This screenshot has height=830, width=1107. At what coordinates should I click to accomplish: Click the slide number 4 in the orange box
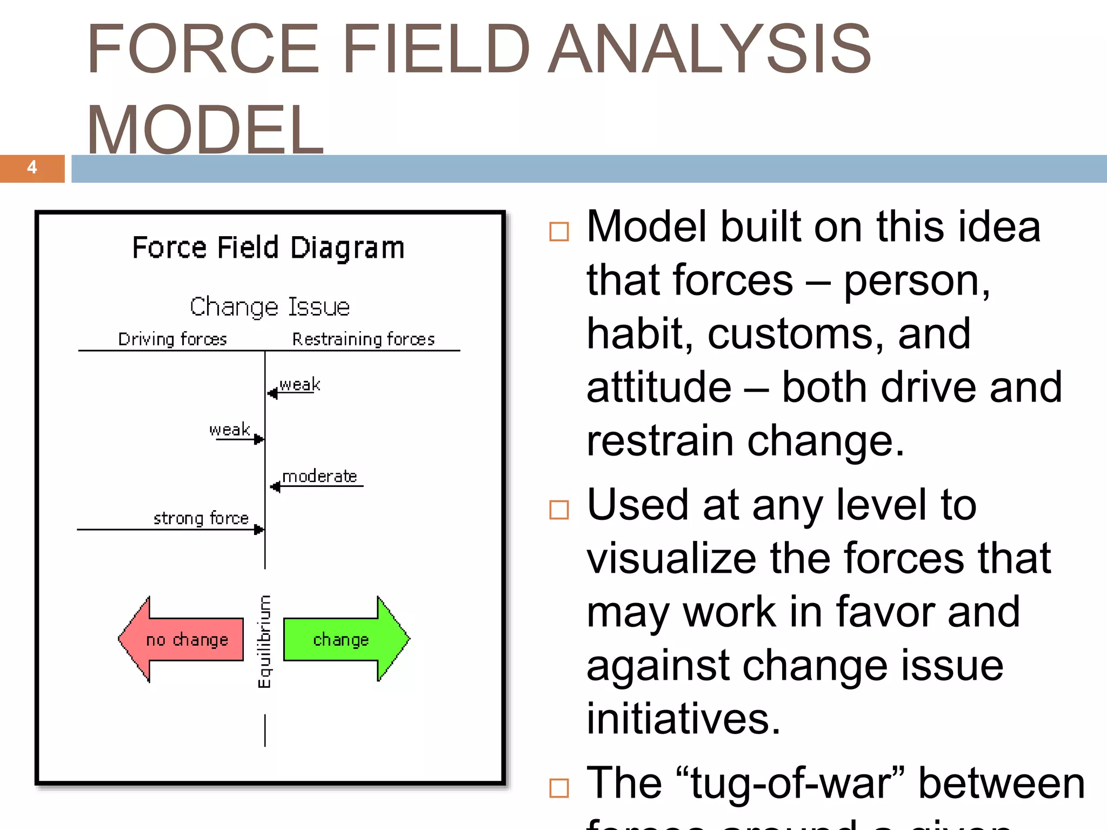[x=32, y=168]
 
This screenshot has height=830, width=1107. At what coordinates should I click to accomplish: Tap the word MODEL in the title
[x=205, y=130]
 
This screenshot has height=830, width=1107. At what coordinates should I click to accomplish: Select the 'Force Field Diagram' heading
[x=268, y=247]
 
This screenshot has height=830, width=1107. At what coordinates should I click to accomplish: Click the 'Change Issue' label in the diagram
[x=270, y=306]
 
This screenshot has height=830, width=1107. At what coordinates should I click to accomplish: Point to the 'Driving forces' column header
[x=172, y=339]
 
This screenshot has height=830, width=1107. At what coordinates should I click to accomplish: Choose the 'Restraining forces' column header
[x=363, y=339]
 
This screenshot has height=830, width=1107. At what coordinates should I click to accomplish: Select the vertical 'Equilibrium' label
[x=264, y=641]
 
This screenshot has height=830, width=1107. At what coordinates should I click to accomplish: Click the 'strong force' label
[x=201, y=518]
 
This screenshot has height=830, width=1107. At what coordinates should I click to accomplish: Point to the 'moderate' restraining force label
[x=319, y=476]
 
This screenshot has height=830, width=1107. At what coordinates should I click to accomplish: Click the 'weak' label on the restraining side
[x=300, y=384]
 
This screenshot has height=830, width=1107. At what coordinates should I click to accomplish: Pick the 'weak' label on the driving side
[x=230, y=429]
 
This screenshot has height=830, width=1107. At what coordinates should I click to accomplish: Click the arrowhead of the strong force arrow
[x=259, y=530]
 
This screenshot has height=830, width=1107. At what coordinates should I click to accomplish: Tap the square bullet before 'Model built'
[x=559, y=231]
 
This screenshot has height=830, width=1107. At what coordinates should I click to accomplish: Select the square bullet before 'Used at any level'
[x=559, y=509]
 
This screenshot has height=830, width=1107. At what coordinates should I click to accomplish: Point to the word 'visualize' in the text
[x=671, y=558]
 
